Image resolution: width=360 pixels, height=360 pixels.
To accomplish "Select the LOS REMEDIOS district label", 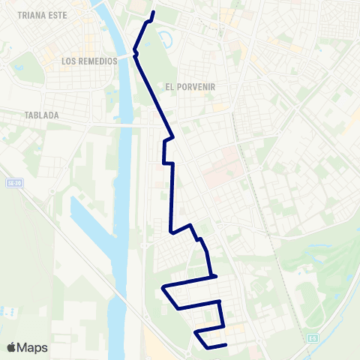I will point(89,61).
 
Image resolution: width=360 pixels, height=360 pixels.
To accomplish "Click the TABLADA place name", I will point(40,115).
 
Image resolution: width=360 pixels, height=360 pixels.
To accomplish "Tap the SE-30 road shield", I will point(12,182).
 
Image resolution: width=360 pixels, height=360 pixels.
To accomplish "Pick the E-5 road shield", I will point(312,339).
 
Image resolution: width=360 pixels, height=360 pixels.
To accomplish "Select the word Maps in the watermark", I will point(33,347).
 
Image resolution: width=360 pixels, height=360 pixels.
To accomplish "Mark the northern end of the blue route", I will point(154,13).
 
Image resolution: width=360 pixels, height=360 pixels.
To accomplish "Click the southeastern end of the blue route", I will point(226,345).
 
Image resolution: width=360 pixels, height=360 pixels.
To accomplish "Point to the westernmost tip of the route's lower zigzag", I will point(163,287).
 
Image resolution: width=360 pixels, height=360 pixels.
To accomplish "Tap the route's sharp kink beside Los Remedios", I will point(134,51).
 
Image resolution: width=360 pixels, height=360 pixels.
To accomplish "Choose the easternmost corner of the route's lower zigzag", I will point(223,326).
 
